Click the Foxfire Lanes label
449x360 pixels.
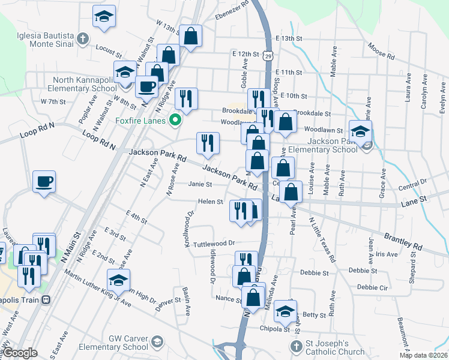tap(140, 120)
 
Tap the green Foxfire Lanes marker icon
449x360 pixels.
tap(175, 120)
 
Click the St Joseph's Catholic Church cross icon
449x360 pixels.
tap(295, 347)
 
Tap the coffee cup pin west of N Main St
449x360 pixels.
tap(44, 182)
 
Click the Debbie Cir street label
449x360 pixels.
tap(376, 287)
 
